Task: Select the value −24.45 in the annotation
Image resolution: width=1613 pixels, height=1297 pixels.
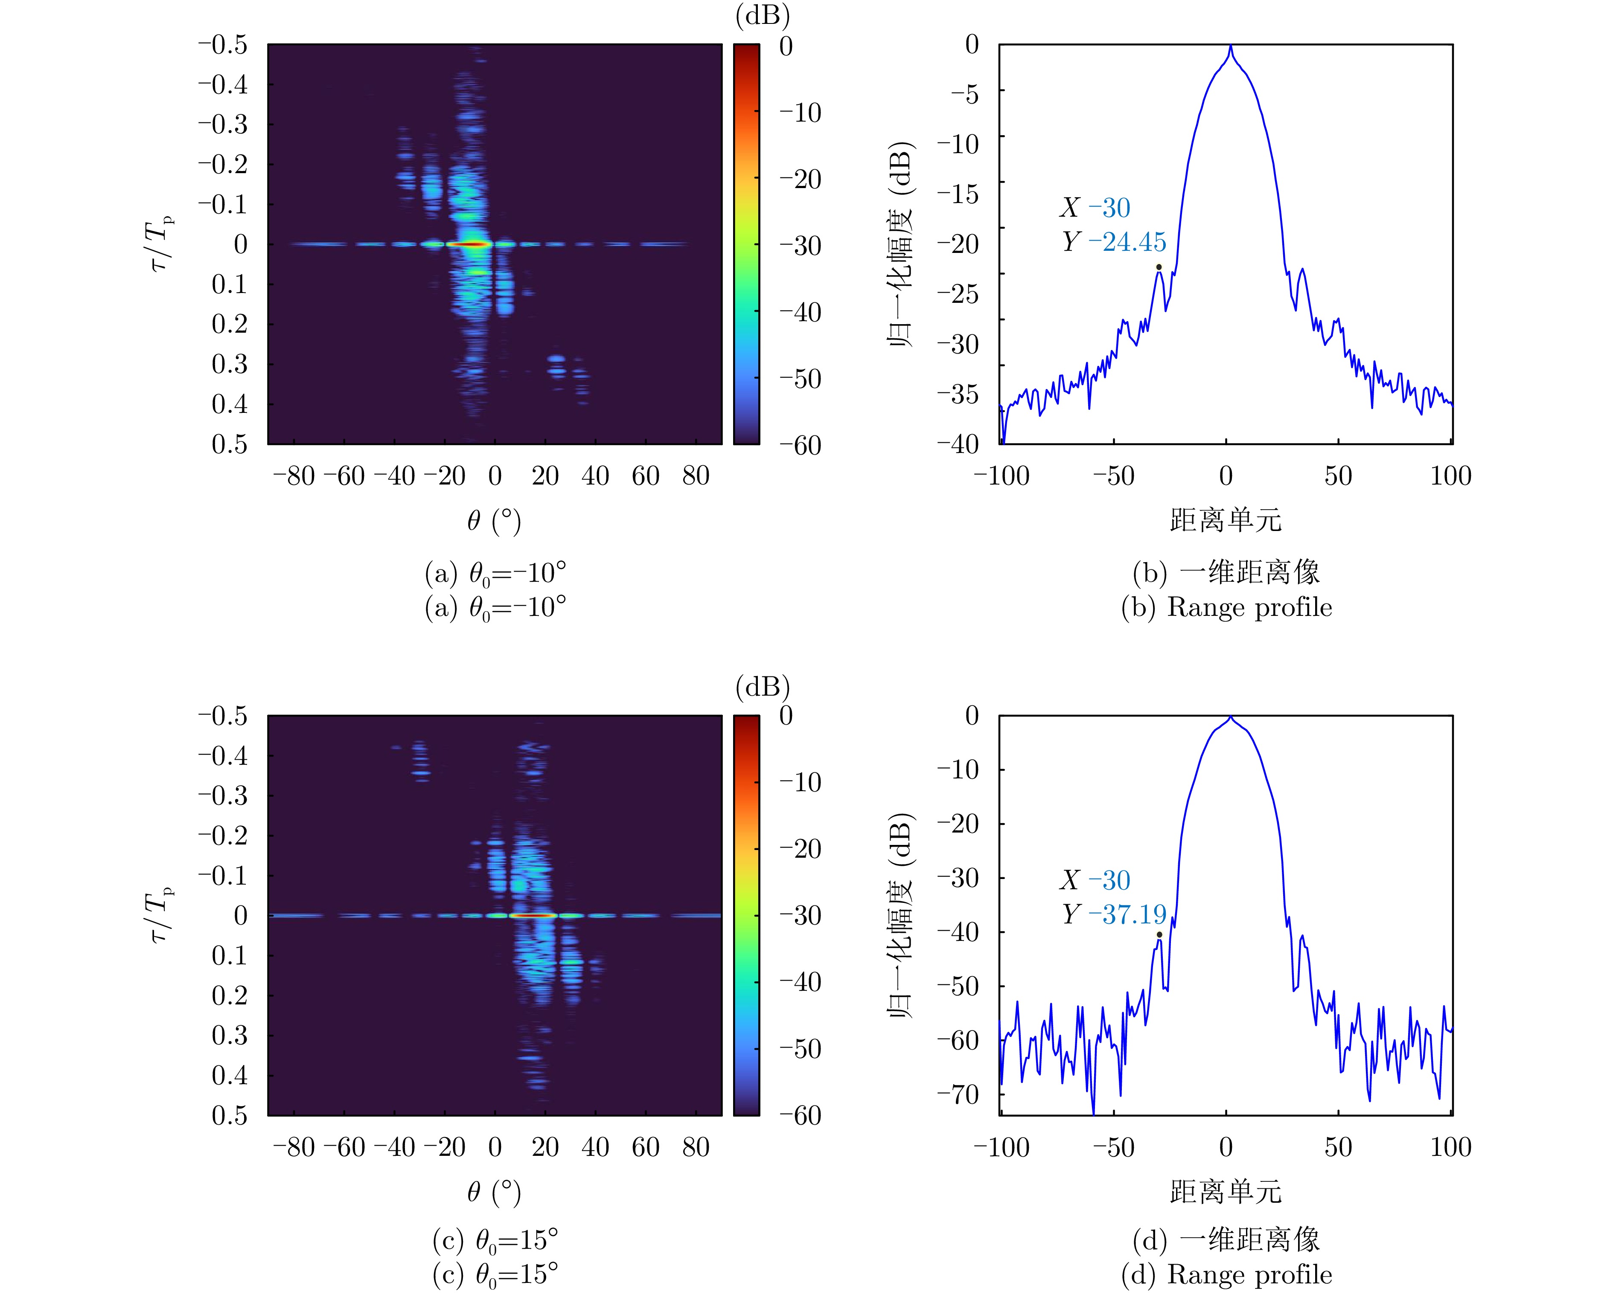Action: click(1127, 242)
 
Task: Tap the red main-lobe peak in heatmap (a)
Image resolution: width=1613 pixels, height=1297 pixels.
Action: click(470, 244)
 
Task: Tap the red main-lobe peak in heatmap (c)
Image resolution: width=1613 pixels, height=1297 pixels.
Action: click(533, 916)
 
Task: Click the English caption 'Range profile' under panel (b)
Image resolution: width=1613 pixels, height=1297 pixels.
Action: click(1249, 607)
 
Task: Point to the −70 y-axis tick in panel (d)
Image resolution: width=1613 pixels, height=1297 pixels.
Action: click(958, 1094)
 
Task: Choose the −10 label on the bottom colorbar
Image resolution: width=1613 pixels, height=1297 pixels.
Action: click(800, 782)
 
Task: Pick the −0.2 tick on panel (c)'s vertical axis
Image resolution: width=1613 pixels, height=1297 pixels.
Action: click(222, 836)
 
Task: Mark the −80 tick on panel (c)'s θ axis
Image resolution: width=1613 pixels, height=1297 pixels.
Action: click(294, 1146)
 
